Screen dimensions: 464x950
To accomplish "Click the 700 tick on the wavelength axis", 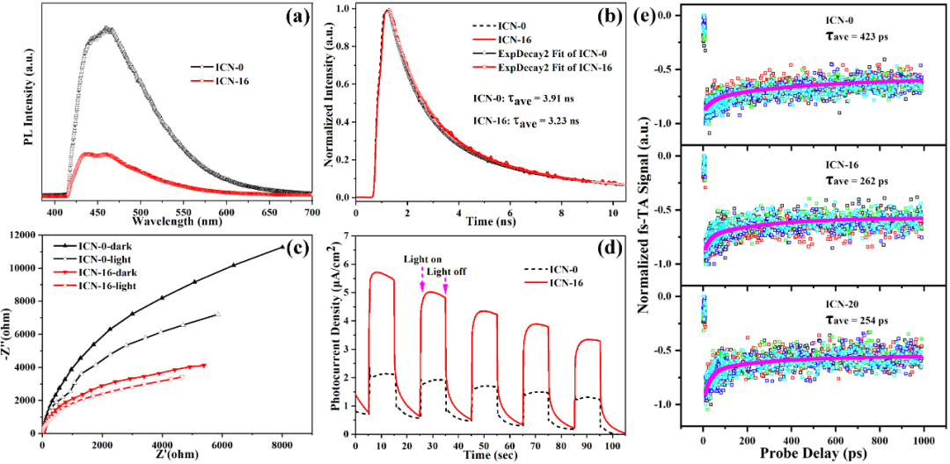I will pos(311,203).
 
